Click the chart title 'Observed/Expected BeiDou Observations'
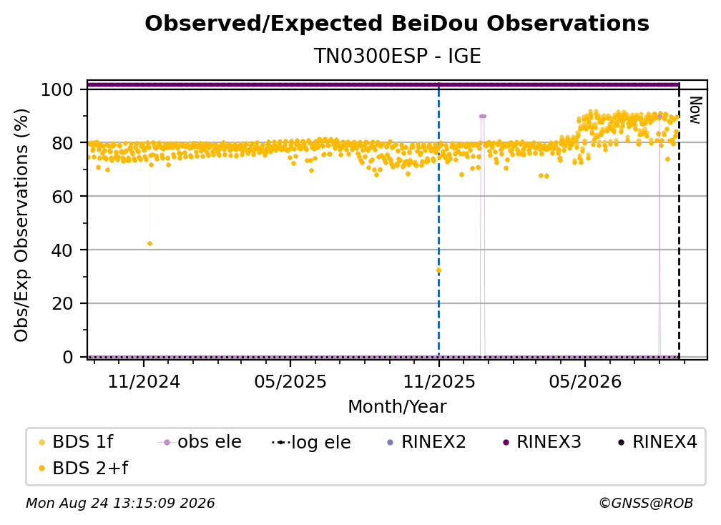click(397, 24)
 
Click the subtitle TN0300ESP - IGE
click(397, 57)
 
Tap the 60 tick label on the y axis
click(62, 197)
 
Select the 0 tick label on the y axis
click(68, 357)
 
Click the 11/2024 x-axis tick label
click(144, 382)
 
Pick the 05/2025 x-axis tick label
click(290, 382)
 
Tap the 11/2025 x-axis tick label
click(439, 382)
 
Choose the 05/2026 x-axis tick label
click(585, 382)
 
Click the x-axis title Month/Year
click(397, 407)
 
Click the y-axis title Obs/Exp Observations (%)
click(21, 225)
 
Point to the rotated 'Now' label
click(695, 110)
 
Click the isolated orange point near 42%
click(150, 244)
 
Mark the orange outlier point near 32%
click(438, 270)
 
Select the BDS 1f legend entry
click(76, 442)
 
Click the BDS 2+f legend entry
click(83, 468)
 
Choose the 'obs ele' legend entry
click(200, 442)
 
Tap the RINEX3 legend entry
click(542, 442)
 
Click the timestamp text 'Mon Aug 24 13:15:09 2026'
click(120, 504)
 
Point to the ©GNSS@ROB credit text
click(646, 504)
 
